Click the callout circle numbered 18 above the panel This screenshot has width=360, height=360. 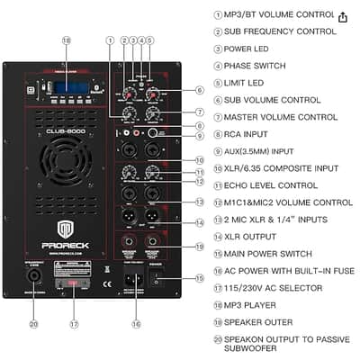coord(66,40)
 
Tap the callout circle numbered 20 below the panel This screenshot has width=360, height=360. coord(33,324)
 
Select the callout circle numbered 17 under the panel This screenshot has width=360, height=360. coord(75,324)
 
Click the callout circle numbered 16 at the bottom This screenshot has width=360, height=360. coord(135,324)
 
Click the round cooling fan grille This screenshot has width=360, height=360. coord(64,166)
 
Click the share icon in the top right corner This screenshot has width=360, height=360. coord(343,17)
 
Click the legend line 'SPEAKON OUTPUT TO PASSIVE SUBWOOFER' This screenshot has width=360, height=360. coord(286,345)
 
